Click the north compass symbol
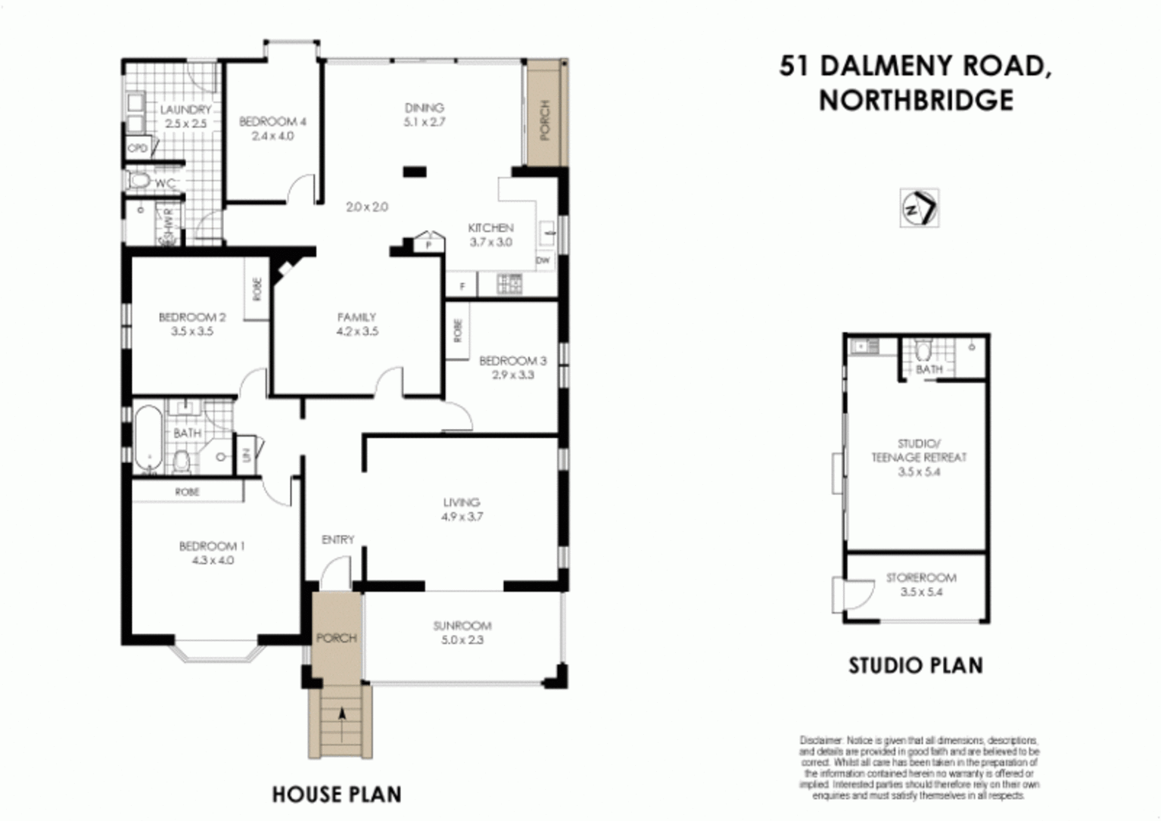click(919, 207)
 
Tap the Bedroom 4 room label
click(272, 122)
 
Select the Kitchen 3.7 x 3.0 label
click(490, 235)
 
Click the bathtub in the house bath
click(149, 438)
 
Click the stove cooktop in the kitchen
click(509, 285)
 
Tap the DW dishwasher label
click(543, 261)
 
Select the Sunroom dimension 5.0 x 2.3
click(462, 640)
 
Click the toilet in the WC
click(140, 181)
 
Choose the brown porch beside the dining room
click(545, 114)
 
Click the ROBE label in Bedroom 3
click(458, 330)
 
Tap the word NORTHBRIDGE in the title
click(916, 100)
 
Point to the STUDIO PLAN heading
click(916, 666)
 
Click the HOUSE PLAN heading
click(337, 795)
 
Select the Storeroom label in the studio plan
click(921, 578)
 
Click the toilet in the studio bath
click(923, 351)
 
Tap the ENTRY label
click(338, 540)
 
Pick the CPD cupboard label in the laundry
click(137, 148)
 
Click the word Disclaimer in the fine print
click(820, 740)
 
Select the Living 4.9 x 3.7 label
click(462, 509)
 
